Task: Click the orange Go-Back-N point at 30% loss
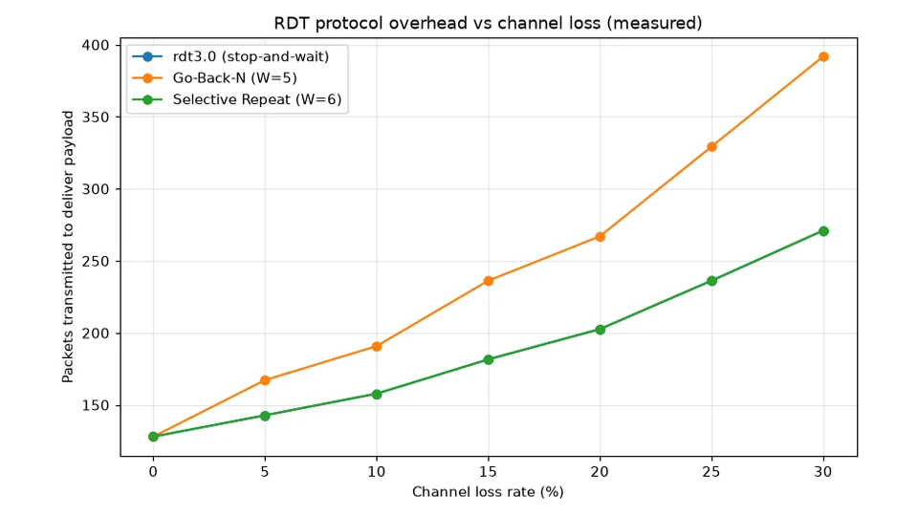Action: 823,56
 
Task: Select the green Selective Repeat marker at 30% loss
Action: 823,231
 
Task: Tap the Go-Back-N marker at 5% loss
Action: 265,380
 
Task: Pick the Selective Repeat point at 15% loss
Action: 489,360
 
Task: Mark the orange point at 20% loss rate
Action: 601,237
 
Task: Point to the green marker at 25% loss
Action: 711,281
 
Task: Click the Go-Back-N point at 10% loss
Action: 377,347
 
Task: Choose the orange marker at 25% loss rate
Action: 711,147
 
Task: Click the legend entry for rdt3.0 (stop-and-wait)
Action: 251,56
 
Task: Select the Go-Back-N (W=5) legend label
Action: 235,77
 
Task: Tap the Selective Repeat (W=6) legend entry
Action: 257,99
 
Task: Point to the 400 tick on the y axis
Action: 96,45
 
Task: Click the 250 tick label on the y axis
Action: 96,262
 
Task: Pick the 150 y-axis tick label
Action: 96,405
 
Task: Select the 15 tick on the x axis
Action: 489,471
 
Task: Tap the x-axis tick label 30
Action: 823,471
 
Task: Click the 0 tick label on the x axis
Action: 153,471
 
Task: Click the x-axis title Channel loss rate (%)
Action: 489,492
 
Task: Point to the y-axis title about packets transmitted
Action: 68,247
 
